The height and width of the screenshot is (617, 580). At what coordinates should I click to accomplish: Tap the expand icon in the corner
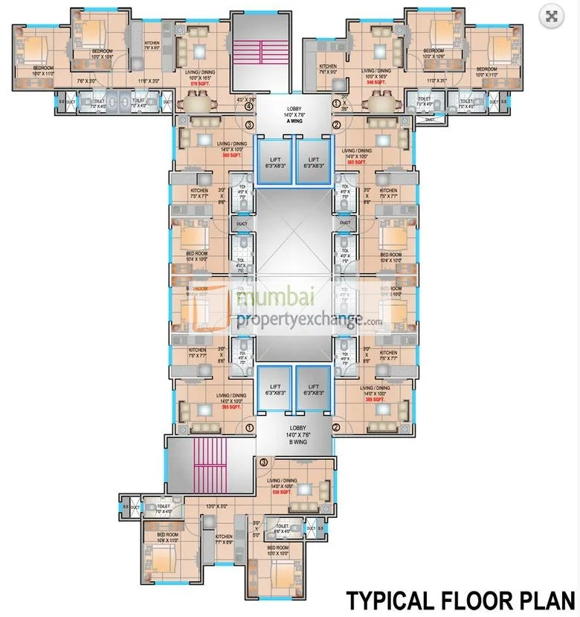(552, 16)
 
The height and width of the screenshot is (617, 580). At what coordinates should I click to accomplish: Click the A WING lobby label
(293, 115)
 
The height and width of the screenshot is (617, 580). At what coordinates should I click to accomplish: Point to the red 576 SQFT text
(199, 85)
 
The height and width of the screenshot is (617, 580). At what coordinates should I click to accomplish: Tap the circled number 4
(248, 106)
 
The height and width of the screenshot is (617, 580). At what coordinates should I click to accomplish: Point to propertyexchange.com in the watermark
(309, 320)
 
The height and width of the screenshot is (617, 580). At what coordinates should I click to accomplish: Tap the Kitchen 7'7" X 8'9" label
(223, 539)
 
